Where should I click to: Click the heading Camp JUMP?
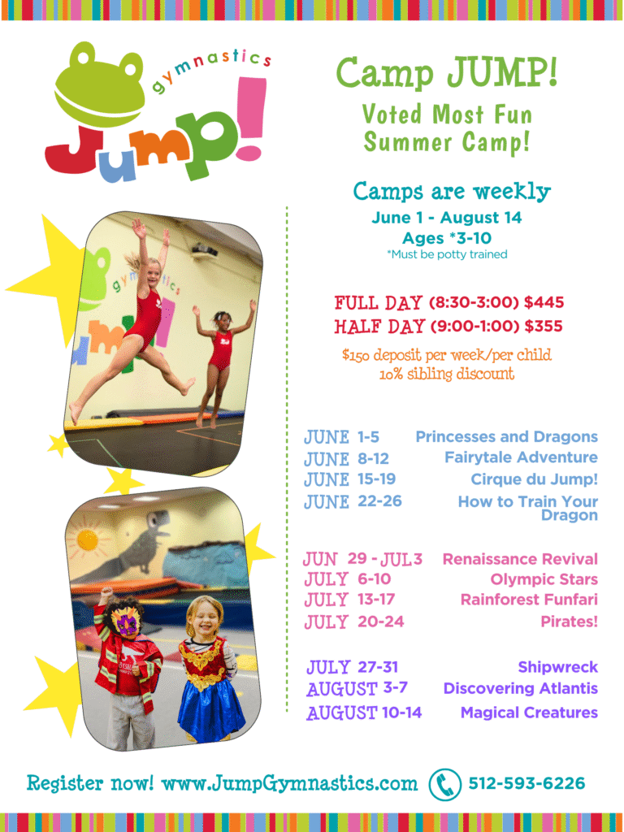click(x=447, y=73)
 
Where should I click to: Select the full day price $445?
click(x=544, y=303)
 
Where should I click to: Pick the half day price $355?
click(x=544, y=327)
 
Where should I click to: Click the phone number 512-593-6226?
click(x=526, y=783)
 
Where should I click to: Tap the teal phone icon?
click(x=444, y=784)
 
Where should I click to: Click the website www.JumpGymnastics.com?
click(x=289, y=784)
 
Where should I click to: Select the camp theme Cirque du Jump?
click(x=534, y=479)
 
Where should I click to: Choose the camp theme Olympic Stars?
click(x=544, y=579)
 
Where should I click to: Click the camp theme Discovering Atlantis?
click(x=520, y=688)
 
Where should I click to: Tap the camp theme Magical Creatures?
click(x=529, y=713)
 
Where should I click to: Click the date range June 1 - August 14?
click(x=446, y=218)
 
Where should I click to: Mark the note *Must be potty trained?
click(x=447, y=254)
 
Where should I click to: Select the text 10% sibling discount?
click(x=446, y=375)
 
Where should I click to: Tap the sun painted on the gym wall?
click(x=87, y=540)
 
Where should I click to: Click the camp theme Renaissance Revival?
click(x=519, y=559)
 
